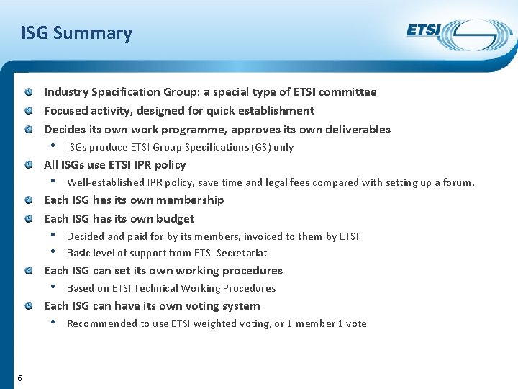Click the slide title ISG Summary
[77, 33]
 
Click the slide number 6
[19, 379]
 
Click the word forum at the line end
[458, 182]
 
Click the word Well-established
[105, 182]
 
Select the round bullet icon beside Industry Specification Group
[27, 92]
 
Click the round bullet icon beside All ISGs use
[27, 165]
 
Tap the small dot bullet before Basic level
[54, 253]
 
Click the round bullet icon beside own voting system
[27, 306]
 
